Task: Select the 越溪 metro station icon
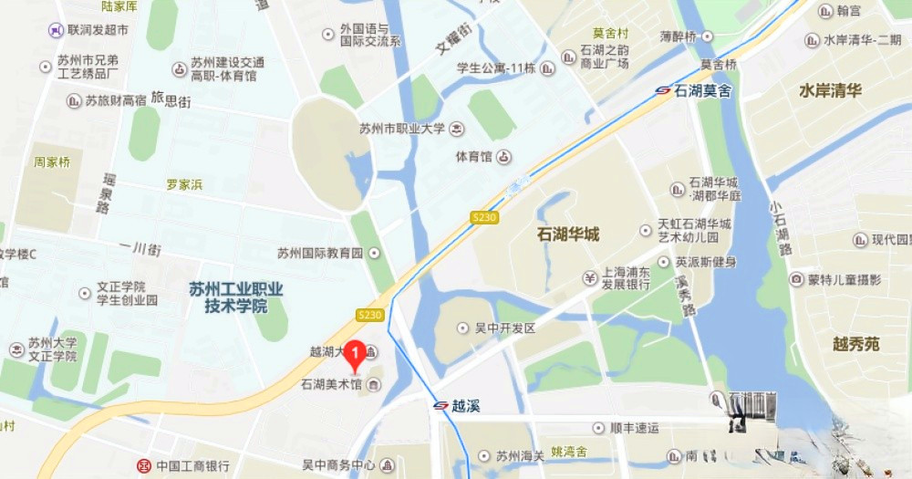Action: pos(440,405)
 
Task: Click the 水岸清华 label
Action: pos(830,90)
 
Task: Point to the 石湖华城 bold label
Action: pos(568,234)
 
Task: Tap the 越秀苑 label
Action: pos(856,344)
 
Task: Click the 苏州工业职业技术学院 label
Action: pos(236,297)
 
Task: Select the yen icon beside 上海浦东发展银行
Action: pos(590,277)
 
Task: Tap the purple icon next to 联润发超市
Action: pos(57,30)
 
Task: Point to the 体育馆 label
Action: pos(473,157)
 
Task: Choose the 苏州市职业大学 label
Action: pos(402,128)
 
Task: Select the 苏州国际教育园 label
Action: pos(320,253)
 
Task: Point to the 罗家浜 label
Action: pos(184,184)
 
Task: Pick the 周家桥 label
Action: pos(52,162)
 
